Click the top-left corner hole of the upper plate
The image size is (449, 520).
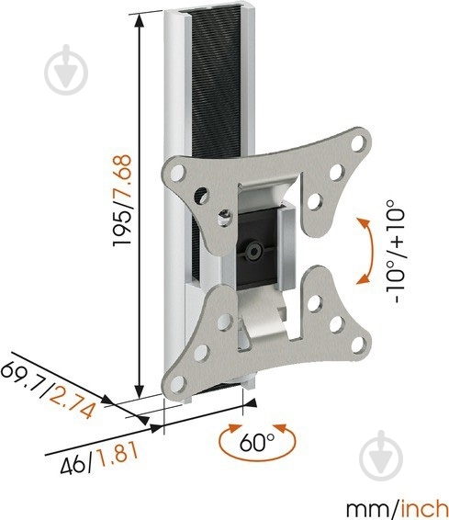coord(174,171)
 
